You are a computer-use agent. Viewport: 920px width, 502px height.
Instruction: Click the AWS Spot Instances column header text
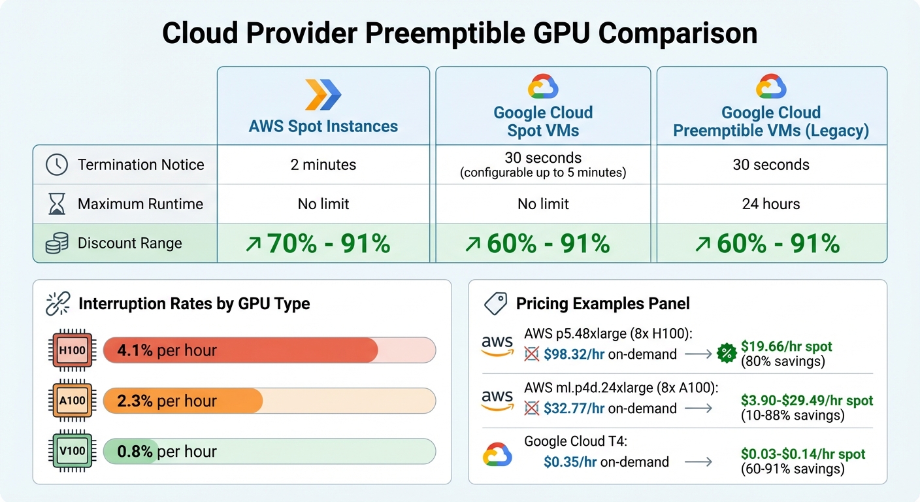[x=323, y=126]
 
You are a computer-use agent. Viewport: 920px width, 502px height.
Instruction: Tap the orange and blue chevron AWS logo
[x=323, y=94]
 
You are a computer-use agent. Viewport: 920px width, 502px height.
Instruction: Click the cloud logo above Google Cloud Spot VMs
[x=543, y=86]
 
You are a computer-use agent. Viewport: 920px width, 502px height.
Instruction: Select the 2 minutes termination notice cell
[x=323, y=165]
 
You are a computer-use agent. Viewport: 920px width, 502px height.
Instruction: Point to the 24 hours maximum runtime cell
[x=771, y=204]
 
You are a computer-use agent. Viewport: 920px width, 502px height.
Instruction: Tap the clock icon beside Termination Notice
[x=57, y=165]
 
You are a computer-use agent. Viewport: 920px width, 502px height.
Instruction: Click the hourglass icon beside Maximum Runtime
[x=57, y=204]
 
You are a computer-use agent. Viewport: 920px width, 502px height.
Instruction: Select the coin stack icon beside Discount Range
[x=57, y=244]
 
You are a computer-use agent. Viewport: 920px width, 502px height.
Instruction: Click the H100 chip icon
[x=73, y=350]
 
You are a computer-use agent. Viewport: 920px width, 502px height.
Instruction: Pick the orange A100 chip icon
[x=73, y=401]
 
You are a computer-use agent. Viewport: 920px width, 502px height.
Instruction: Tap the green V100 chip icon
[x=73, y=451]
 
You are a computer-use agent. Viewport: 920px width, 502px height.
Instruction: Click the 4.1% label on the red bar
[x=135, y=350]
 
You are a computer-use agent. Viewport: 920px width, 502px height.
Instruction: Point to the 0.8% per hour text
[x=167, y=451]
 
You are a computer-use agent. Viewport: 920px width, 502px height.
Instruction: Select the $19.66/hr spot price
[x=786, y=346]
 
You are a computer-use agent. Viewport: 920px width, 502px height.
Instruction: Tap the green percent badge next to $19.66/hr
[x=727, y=353]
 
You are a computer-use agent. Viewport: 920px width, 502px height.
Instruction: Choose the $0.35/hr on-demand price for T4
[x=570, y=462]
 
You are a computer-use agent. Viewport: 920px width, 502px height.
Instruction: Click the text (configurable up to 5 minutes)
[x=543, y=173]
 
